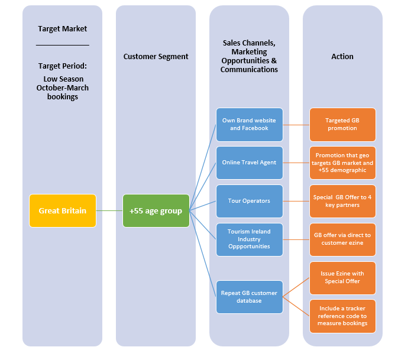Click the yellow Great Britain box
[x=62, y=210]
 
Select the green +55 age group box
[x=156, y=210]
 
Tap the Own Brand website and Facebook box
[x=249, y=124]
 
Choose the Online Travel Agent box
[x=249, y=163]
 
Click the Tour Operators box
[x=249, y=201]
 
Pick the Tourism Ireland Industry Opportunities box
[x=249, y=239]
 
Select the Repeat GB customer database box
[x=249, y=297]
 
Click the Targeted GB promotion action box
[x=342, y=124]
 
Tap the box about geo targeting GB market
[x=342, y=163]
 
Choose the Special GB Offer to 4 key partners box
[x=342, y=201]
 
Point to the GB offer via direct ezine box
[x=342, y=239]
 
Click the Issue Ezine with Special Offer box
[x=342, y=278]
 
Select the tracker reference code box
[x=342, y=316]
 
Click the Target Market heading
[x=62, y=28]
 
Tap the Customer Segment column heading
[x=156, y=57]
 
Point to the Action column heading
[x=342, y=57]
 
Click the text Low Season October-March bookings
[x=62, y=87]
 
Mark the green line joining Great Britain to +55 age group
[x=109, y=210]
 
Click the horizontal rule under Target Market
[x=62, y=45]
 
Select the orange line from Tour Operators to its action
[x=296, y=201]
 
